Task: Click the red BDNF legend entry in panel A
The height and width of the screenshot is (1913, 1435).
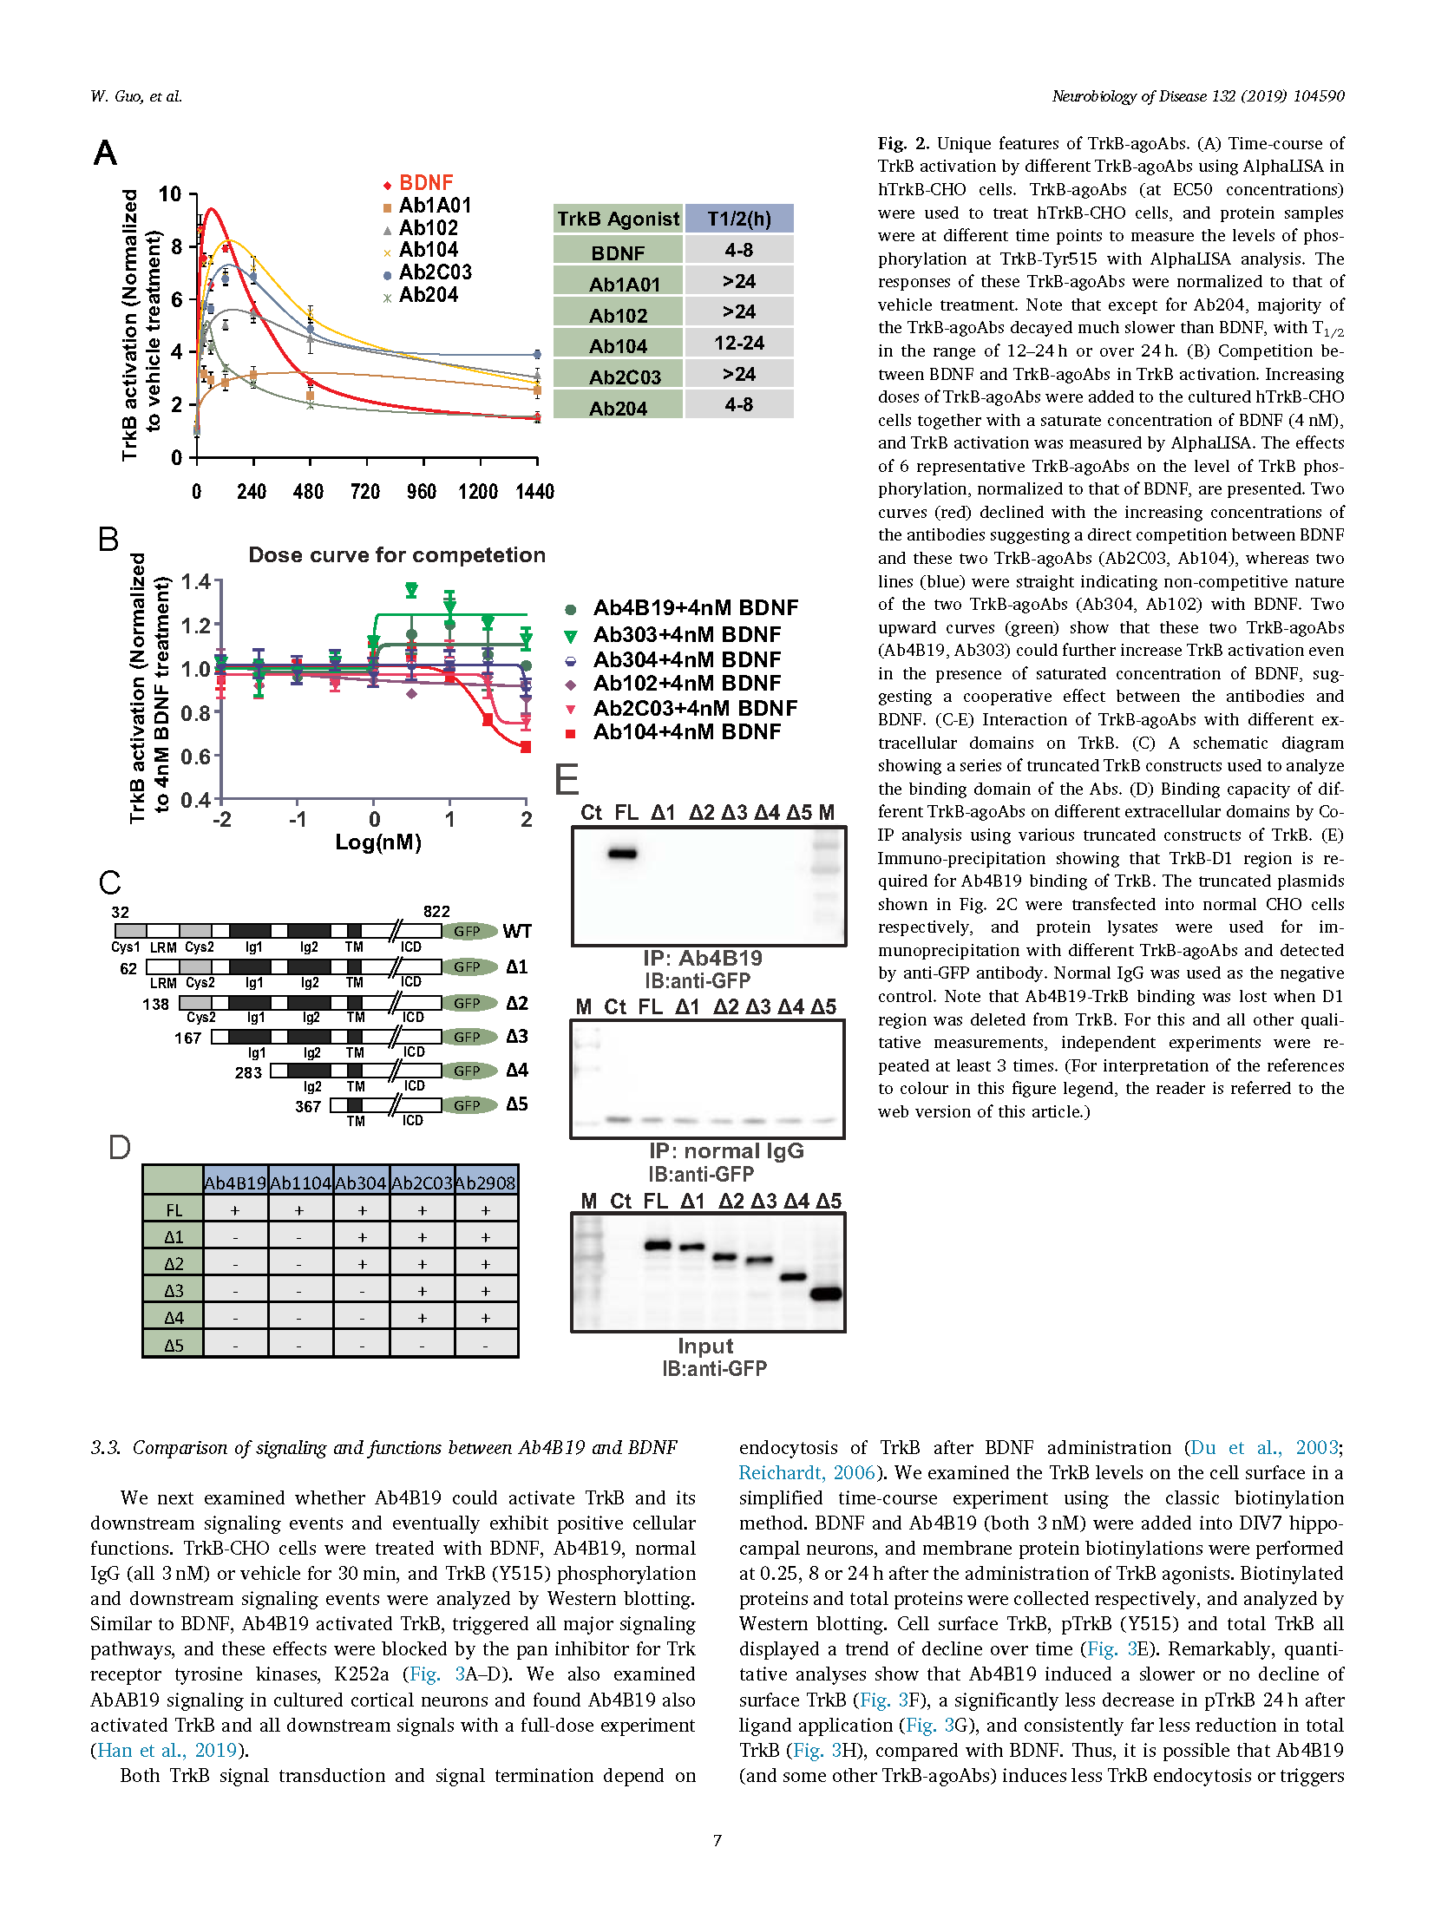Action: [418, 183]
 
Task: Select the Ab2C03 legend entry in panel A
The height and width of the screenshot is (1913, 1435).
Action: [428, 272]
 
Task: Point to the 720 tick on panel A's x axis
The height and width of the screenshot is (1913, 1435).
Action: [365, 492]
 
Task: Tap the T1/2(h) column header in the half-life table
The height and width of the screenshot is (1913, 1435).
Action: [739, 219]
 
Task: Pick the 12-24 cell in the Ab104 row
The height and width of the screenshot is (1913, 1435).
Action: [739, 343]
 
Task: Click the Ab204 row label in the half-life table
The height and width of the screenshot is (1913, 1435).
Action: [618, 408]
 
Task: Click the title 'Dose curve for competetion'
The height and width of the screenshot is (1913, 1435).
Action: [397, 555]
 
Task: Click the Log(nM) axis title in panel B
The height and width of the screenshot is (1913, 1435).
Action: [378, 842]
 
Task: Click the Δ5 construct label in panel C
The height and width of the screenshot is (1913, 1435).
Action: [517, 1104]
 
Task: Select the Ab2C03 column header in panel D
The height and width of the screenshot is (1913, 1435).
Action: [423, 1183]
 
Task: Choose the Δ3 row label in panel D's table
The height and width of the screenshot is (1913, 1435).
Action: [174, 1291]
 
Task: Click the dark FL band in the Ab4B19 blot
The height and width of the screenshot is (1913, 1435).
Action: [622, 854]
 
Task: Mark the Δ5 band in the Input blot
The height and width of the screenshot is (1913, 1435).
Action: [826, 1294]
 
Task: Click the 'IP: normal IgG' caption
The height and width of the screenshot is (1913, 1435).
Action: [726, 1151]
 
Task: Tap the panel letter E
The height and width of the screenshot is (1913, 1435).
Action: [567, 779]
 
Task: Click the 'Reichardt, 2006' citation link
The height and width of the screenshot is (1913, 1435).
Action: [807, 1472]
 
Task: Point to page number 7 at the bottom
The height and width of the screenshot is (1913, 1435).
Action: [717, 1840]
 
